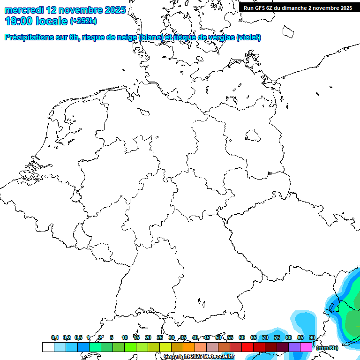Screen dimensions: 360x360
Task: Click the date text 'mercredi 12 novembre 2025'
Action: point(65,10)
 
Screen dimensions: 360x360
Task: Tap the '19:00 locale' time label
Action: point(36,21)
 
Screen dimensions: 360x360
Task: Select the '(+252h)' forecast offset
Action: point(83,21)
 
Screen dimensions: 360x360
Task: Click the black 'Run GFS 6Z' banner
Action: point(298,7)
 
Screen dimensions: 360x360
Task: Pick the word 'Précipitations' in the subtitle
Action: point(29,37)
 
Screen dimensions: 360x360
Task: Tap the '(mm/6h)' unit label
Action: point(327,348)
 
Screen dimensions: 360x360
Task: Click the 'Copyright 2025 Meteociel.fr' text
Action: point(199,357)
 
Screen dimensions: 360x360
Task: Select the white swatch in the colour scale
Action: point(48,347)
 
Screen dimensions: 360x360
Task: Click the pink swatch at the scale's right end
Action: point(306,347)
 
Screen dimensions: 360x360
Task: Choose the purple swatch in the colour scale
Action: point(294,347)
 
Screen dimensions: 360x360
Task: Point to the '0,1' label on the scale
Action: point(54,337)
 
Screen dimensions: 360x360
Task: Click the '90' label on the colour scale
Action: point(312,337)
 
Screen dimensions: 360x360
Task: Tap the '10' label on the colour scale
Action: point(125,337)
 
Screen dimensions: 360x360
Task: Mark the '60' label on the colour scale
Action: point(242,337)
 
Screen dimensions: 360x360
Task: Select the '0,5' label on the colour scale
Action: point(78,337)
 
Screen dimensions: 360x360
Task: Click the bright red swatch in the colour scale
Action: point(247,347)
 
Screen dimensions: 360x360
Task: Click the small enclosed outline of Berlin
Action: point(253,136)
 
